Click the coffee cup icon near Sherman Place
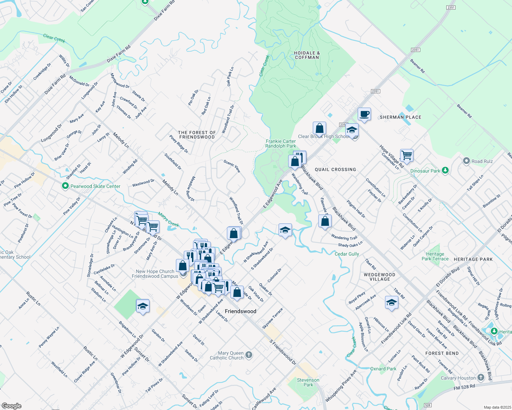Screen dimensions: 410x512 [x=364, y=114]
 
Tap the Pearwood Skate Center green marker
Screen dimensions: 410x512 [x=65, y=186]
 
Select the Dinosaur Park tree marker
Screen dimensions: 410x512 [x=445, y=170]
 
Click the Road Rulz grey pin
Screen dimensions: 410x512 [x=466, y=161]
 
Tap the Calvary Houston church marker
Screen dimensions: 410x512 [x=481, y=378]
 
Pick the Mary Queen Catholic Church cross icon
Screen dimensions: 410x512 [x=249, y=355]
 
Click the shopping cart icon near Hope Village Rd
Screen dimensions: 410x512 [x=407, y=155]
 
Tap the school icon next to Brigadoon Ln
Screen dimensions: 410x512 [x=143, y=306]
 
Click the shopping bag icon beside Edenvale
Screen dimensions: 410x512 [x=325, y=221]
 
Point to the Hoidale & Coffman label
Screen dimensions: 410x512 [x=307, y=55]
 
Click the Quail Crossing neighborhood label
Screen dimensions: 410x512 [x=335, y=169]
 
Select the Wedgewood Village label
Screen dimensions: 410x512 [x=380, y=277]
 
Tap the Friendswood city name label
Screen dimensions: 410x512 [x=240, y=311]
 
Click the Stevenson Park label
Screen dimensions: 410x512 [x=308, y=382]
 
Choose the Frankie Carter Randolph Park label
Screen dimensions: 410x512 [x=281, y=143]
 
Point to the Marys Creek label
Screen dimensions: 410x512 [x=168, y=219]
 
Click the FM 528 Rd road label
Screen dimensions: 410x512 [x=464, y=387]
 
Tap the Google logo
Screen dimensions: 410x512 [x=12, y=406]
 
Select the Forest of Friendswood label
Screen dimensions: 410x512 [x=197, y=135]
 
